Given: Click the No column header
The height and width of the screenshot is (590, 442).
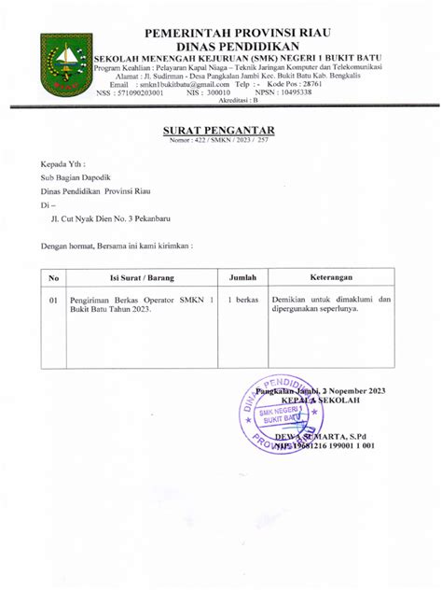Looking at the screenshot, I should [54, 277].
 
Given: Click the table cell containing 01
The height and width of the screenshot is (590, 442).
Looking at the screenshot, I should [54, 301].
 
